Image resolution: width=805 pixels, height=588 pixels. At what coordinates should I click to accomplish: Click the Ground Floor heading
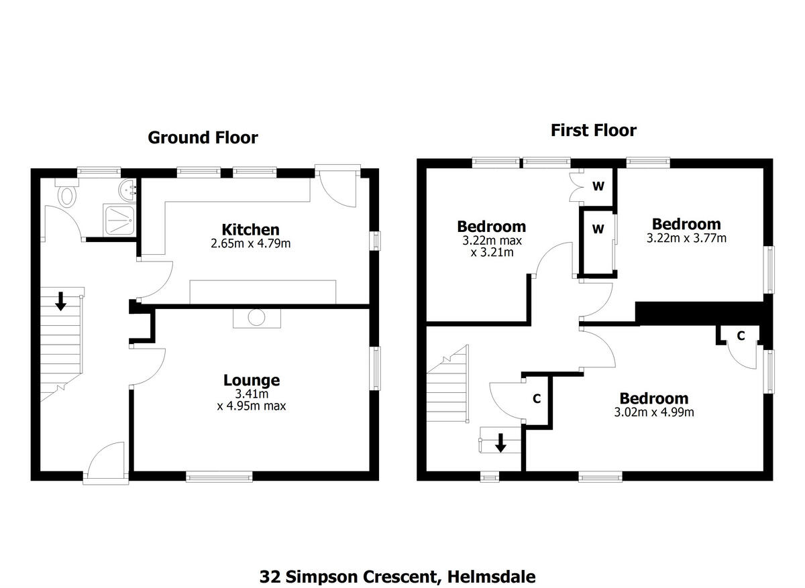pos(203,137)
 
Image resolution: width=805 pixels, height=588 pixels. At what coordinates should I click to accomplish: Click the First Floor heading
pos(593,130)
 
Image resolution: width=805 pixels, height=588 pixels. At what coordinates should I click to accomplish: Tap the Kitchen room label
pos(251,230)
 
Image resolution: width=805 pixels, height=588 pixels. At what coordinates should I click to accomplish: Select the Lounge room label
pos(251,380)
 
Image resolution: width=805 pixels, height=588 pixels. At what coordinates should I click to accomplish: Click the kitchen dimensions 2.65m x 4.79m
pos(251,243)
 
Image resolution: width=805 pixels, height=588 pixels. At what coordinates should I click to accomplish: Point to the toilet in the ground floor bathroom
pos(67,195)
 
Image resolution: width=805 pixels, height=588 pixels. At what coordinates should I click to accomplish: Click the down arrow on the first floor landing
pos(500,443)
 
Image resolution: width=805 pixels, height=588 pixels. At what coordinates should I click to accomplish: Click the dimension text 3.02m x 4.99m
pos(653,412)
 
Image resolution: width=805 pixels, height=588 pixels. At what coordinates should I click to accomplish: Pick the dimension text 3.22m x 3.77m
pos(686,238)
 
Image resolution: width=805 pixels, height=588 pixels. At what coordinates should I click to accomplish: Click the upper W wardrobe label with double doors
pos(598,187)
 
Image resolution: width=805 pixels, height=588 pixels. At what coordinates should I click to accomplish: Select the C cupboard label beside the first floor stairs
pos(536,399)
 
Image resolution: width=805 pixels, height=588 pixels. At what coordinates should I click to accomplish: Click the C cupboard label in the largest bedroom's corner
pos(741,336)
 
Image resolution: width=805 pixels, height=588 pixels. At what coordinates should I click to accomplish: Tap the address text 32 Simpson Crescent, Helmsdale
pos(398,577)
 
